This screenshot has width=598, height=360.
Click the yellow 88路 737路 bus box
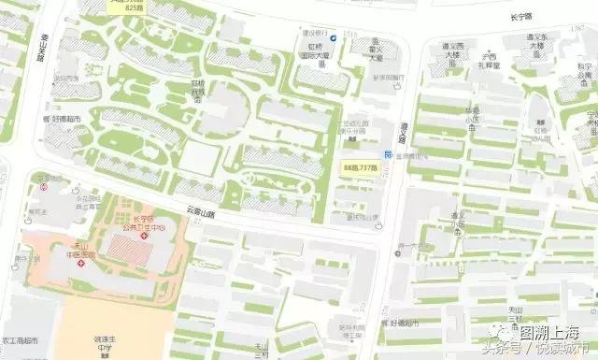coord(361,167)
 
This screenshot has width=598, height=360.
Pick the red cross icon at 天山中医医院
coord(82,264)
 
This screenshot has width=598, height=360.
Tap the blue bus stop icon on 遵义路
coord(388,153)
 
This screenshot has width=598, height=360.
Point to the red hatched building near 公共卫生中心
coord(125,248)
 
